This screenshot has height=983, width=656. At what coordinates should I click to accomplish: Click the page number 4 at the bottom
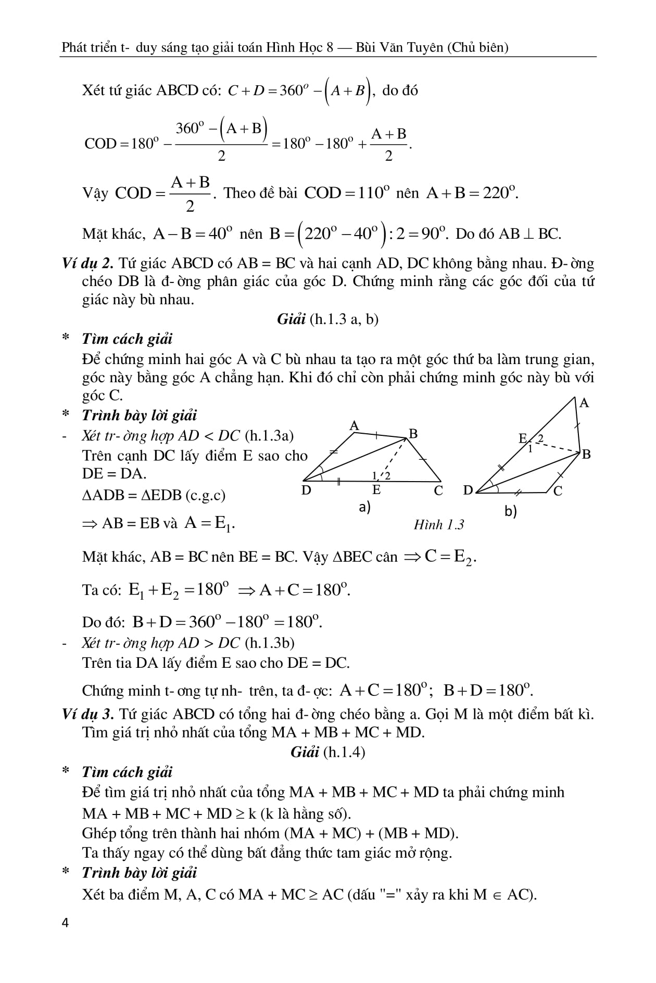65,923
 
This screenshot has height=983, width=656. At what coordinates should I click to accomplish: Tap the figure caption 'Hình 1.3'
438,524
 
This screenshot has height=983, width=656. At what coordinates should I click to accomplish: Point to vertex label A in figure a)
354,426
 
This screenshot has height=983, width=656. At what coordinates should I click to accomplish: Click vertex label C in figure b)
558,491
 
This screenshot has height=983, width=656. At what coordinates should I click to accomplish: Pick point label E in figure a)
376,490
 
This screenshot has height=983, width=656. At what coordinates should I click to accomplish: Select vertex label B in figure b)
586,454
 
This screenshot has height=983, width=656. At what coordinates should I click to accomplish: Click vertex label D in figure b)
468,490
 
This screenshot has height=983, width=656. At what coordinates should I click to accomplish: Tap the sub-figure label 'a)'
364,507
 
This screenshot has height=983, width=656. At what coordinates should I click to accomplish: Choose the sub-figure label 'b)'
510,512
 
